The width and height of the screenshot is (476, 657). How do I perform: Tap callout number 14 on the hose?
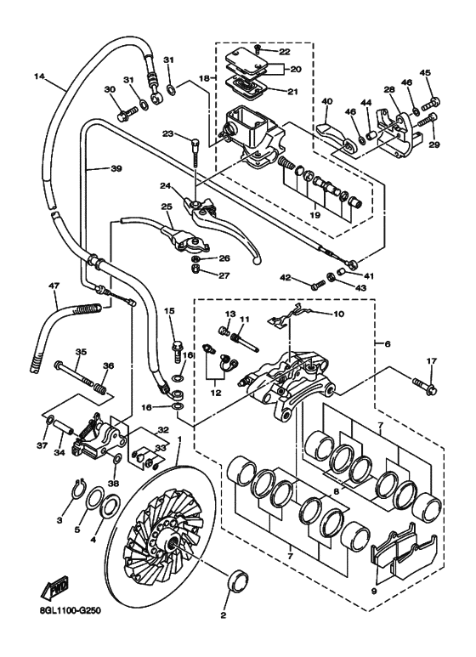(x=38, y=76)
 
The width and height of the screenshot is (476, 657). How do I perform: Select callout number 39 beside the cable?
(x=116, y=168)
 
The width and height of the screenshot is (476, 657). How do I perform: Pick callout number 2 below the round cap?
(x=224, y=615)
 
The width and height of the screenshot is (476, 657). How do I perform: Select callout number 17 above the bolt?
(x=432, y=361)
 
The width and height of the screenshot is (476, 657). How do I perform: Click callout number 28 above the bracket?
(x=388, y=89)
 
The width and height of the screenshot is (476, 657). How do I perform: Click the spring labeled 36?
(x=99, y=390)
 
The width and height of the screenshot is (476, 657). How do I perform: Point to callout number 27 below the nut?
(x=201, y=275)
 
